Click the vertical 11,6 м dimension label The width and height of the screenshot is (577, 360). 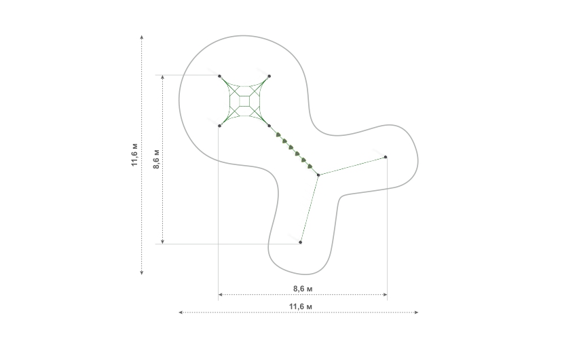point(135,154)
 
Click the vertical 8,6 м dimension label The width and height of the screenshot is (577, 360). point(156,159)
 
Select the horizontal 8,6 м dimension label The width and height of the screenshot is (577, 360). point(303,289)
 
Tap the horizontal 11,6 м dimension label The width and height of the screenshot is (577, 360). point(301,306)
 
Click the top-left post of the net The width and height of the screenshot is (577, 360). point(220,76)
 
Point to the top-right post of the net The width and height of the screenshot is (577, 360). point(269,76)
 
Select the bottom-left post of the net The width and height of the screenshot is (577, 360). point(220,126)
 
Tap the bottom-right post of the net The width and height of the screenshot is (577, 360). point(269,126)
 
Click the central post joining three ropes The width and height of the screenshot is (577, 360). point(318,175)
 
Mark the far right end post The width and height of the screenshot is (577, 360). point(386,157)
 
